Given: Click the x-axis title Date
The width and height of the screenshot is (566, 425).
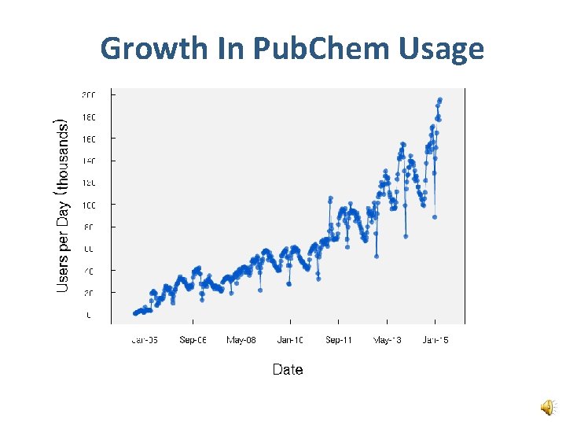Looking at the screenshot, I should click(x=288, y=369).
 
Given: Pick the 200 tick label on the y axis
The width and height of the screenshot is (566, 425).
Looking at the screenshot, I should click(x=88, y=94).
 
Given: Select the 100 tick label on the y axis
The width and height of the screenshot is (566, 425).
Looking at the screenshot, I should click(x=88, y=205).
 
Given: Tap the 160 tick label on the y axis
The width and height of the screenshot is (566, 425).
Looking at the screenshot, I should click(x=88, y=139).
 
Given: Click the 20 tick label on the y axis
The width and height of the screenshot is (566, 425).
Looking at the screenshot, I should click(x=90, y=293).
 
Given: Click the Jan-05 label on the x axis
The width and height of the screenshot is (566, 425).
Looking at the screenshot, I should click(x=145, y=340).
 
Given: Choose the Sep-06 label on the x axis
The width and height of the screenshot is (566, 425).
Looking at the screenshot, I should click(x=193, y=340).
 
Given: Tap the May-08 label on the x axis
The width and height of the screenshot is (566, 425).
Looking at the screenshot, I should click(x=242, y=340).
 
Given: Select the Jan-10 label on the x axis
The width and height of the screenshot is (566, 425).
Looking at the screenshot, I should click(x=290, y=340).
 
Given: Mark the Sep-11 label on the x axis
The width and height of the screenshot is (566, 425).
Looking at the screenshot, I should click(x=339, y=340).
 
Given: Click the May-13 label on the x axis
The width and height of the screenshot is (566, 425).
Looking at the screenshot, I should click(x=388, y=340).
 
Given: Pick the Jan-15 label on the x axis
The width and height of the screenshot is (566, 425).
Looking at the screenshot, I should click(x=436, y=340).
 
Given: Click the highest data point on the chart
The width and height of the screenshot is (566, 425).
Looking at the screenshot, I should click(x=440, y=99).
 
